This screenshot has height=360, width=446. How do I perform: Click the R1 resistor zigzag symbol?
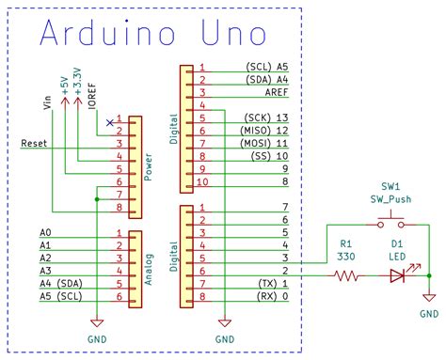pyautogui.click(x=347, y=276)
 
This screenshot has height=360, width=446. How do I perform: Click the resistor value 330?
pyautogui.click(x=347, y=257)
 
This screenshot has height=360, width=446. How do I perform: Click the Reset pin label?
pyautogui.click(x=36, y=144)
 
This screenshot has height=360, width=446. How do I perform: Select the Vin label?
pyautogui.click(x=48, y=102)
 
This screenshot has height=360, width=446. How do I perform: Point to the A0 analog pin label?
pyautogui.click(x=45, y=232)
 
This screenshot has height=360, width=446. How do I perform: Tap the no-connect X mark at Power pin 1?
pyautogui.click(x=110, y=122)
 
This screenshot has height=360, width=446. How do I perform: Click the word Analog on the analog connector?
pyautogui.click(x=148, y=266)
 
